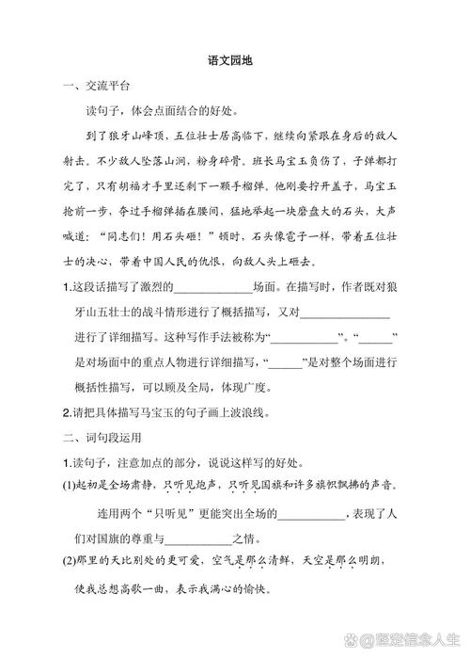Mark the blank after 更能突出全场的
pyautogui.click(x=311, y=515)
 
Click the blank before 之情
pyautogui.click(x=197, y=539)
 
